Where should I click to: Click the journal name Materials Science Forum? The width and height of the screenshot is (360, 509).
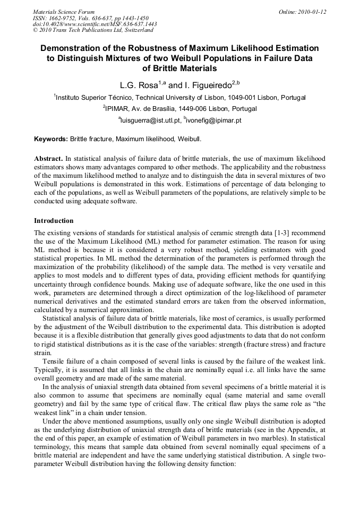click(64, 12)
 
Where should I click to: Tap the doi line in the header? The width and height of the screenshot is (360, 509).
click(95, 24)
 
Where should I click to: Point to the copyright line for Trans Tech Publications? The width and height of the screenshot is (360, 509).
click(93, 30)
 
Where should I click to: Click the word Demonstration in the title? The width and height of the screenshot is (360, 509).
click(76, 49)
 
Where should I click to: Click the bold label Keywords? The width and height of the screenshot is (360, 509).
click(51, 140)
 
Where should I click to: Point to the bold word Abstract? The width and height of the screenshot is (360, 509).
click(48, 159)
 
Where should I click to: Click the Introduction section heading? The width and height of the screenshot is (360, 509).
click(54, 221)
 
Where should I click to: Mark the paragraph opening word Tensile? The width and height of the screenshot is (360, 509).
click(54, 361)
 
